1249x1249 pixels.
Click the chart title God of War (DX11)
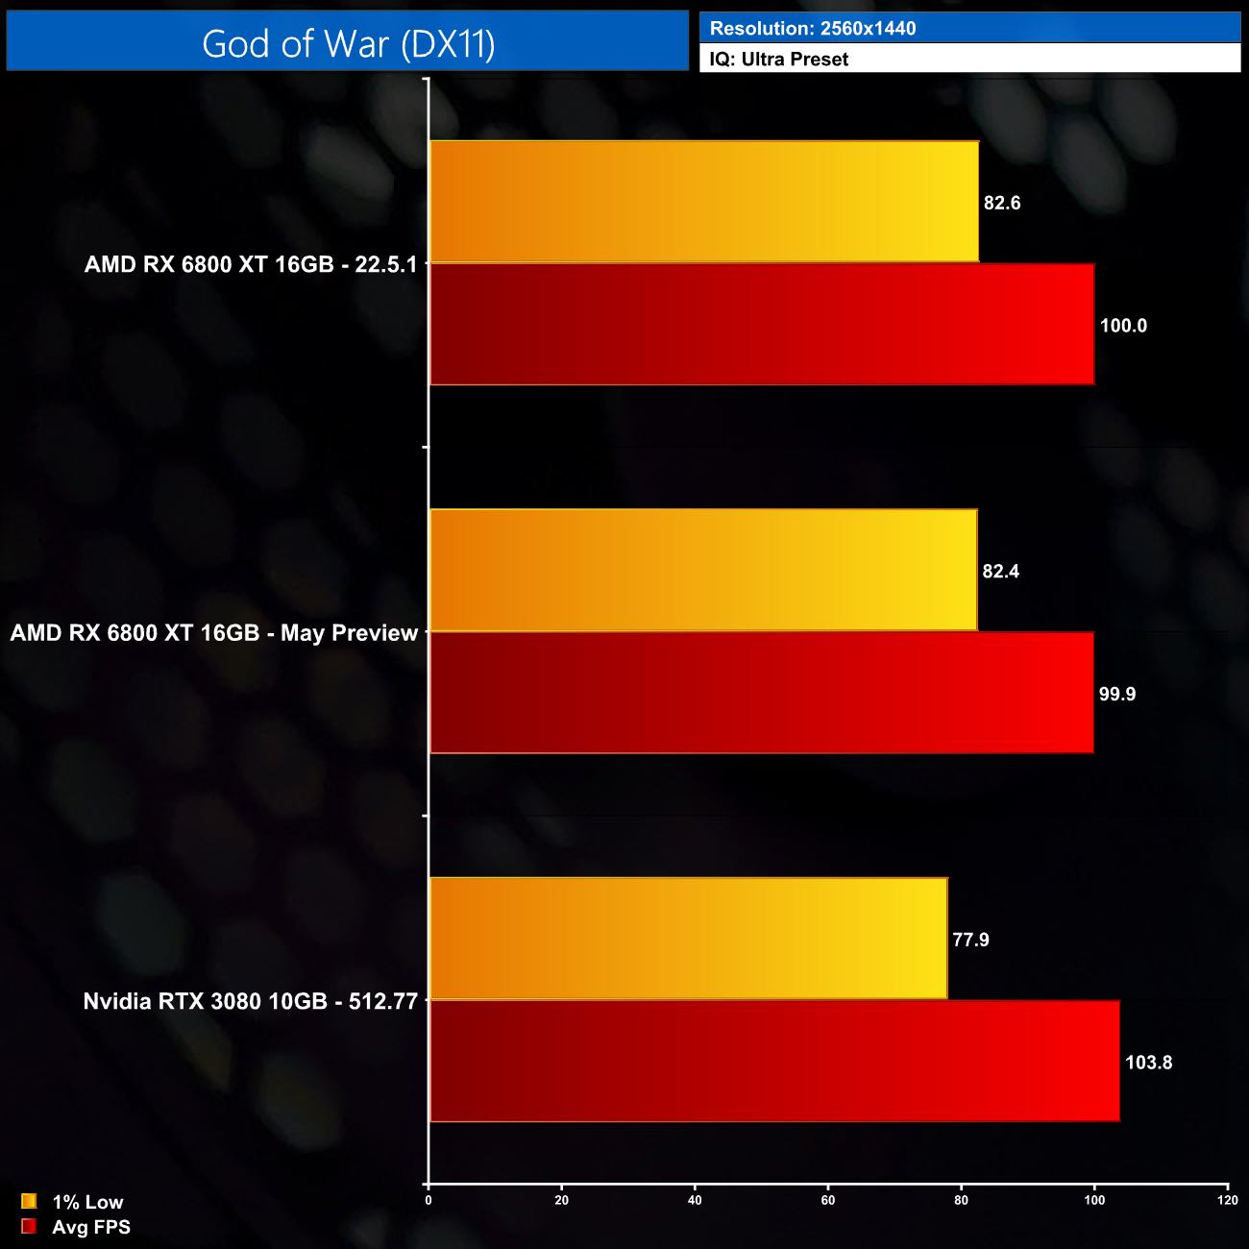[348, 44]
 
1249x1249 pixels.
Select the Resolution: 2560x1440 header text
[812, 29]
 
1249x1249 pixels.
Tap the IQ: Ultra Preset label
[778, 60]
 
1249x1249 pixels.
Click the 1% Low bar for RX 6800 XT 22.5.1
[704, 202]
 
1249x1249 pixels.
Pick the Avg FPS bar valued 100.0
[762, 325]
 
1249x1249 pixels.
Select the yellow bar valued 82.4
[703, 570]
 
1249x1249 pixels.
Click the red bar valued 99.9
[762, 693]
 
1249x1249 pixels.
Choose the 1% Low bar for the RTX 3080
[688, 939]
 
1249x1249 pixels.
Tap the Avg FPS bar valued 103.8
[774, 1061]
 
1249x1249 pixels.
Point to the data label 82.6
[1002, 203]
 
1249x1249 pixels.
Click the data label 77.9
[970, 940]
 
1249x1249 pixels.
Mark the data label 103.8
[1148, 1063]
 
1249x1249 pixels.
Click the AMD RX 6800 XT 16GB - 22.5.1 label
[251, 264]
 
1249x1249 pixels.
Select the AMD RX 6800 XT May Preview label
[214, 633]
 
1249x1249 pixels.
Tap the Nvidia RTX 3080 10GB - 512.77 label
[251, 1001]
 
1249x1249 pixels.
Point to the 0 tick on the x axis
[429, 1200]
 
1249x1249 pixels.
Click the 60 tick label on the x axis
[828, 1200]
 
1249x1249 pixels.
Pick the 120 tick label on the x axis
[1227, 1200]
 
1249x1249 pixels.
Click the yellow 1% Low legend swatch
[29, 1201]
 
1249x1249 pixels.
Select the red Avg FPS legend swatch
[29, 1227]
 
